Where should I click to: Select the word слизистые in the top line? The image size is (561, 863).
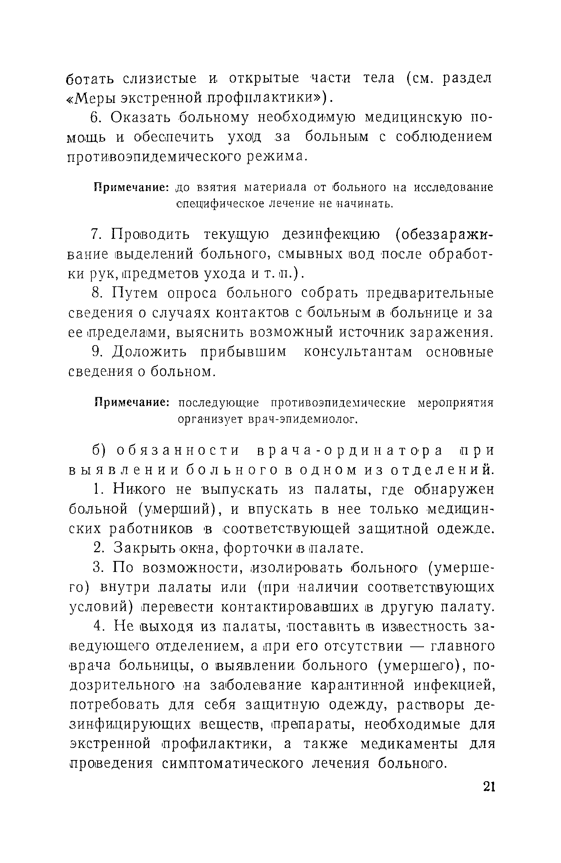[159, 79]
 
